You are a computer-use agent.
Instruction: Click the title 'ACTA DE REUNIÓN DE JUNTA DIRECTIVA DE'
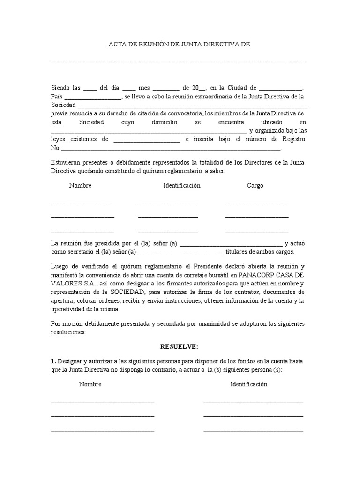[x=180, y=45]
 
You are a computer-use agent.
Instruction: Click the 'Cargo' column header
[x=255, y=185]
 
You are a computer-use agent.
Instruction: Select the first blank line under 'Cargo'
[x=257, y=202]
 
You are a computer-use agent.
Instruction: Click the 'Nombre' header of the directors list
[x=80, y=185]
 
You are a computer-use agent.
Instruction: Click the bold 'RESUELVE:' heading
[x=180, y=346]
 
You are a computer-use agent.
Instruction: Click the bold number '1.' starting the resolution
[x=53, y=361]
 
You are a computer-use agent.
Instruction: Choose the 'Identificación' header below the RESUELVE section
[x=248, y=384]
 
